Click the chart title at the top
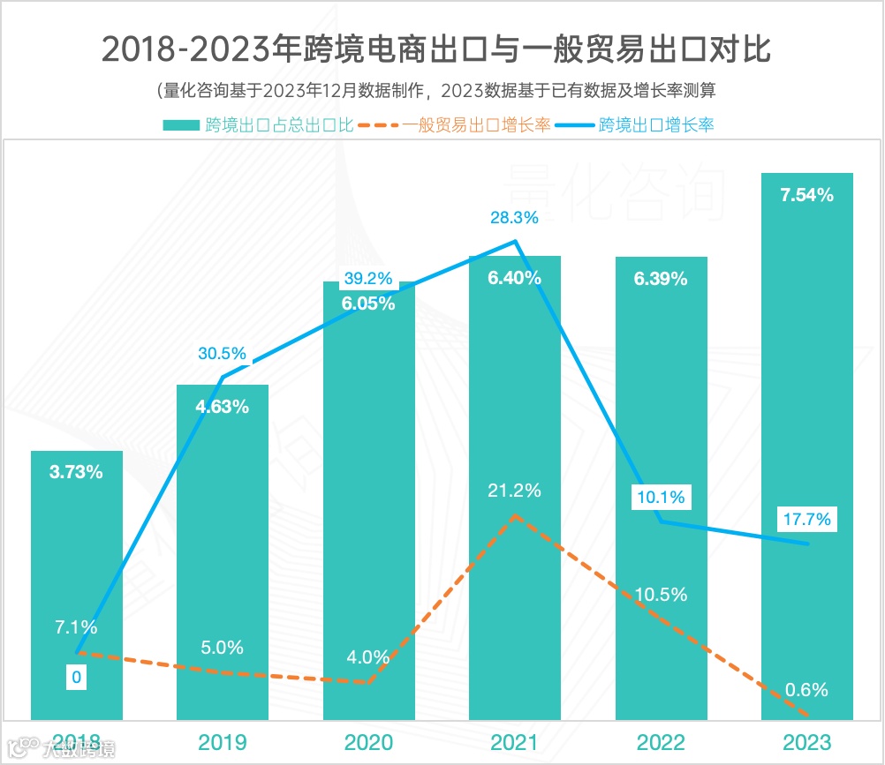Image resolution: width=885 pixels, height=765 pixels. click(x=436, y=49)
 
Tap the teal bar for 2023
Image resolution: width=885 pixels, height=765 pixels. click(x=807, y=441)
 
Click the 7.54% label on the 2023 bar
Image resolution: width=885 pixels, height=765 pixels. click(x=807, y=196)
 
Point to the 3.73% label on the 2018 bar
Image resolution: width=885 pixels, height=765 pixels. click(x=77, y=472)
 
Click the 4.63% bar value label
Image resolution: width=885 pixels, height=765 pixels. click(x=223, y=407)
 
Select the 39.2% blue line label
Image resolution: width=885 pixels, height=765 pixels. click(x=367, y=279)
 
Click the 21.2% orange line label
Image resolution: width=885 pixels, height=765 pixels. click(x=515, y=491)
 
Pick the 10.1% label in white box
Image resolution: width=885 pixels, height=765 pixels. click(x=661, y=498)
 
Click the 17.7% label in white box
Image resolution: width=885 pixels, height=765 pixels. click(x=806, y=520)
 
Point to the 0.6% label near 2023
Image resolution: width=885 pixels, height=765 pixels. click(x=806, y=690)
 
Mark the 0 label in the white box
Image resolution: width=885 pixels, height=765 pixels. click(x=77, y=678)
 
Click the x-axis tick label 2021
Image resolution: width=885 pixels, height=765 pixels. click(x=515, y=740)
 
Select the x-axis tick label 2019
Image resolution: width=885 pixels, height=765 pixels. click(x=223, y=740)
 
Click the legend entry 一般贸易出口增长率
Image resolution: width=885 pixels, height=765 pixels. click(x=477, y=125)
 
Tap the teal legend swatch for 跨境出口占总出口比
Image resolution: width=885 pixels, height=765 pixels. click(x=182, y=125)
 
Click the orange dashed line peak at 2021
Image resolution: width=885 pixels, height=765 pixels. click(x=515, y=514)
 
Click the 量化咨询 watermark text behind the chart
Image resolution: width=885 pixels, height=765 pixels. click(x=616, y=189)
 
